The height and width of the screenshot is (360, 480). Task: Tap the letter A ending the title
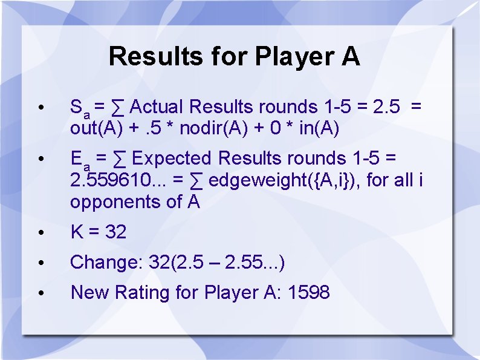point(351,57)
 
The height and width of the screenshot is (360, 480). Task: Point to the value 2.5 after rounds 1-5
point(386,107)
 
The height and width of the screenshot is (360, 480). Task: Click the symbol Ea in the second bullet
point(80,160)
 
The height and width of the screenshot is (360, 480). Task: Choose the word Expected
point(172,159)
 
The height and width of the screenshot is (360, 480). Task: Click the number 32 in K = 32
point(115,232)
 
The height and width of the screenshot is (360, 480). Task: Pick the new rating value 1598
point(309,293)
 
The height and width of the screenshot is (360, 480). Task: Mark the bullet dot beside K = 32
point(40,232)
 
